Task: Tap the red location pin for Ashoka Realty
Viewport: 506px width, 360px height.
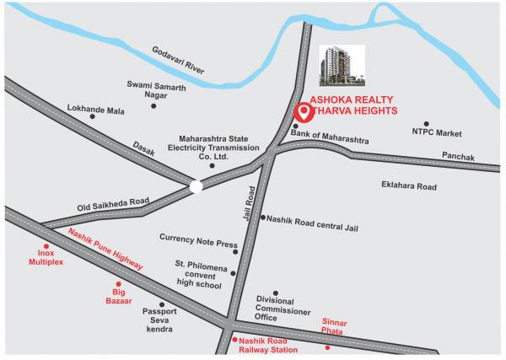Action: click(x=301, y=112)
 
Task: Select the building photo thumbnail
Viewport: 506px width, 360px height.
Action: click(x=342, y=66)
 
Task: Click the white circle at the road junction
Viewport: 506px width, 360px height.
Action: click(x=196, y=185)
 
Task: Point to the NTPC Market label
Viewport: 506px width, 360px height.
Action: click(x=437, y=133)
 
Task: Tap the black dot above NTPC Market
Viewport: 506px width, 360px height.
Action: click(x=426, y=123)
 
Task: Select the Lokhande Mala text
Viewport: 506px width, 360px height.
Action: click(x=95, y=110)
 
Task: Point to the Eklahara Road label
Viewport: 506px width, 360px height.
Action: click(x=408, y=185)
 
